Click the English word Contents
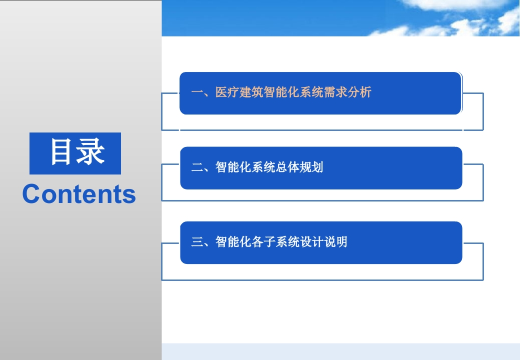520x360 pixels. [x=79, y=194]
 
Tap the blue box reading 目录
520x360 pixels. [x=75, y=153]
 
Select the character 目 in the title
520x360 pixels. [x=61, y=152]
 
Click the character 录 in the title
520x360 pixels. [x=90, y=152]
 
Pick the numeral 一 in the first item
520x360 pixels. [x=197, y=92]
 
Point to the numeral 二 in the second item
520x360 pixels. [x=197, y=167]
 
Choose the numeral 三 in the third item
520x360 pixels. [x=197, y=241]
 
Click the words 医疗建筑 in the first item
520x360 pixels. [x=239, y=92]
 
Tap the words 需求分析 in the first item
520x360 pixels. [x=347, y=92]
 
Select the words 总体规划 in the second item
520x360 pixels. [x=299, y=167]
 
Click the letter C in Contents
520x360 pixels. [x=30, y=194]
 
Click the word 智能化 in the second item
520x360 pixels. [x=233, y=167]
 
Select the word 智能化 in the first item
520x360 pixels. [x=281, y=92]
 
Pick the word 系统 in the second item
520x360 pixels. [x=263, y=167]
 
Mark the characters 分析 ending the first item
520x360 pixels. [x=359, y=92]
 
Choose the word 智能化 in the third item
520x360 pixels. [x=233, y=241]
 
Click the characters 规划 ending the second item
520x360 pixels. [x=311, y=167]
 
